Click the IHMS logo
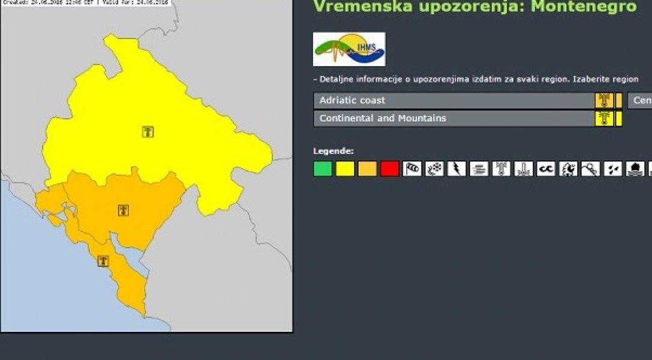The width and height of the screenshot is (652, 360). tap(349, 49)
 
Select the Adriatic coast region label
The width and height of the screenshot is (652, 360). tap(352, 100)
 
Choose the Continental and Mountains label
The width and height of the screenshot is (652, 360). tap(383, 118)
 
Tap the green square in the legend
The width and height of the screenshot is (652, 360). tap(323, 169)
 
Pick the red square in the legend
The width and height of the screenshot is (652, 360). tap(390, 169)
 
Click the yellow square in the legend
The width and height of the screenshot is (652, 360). tap(345, 169)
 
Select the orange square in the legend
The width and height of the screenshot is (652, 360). tap(368, 169)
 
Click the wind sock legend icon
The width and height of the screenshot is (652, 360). tap(413, 169)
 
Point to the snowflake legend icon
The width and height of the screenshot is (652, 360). tap(435, 169)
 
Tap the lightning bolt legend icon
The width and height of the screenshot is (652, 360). tap(457, 169)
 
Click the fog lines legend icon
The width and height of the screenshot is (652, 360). tap(479, 169)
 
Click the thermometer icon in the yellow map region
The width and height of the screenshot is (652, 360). tap(148, 131)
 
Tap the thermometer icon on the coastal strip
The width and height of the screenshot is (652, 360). tap(104, 261)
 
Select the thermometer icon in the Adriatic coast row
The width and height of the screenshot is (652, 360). tap(604, 100)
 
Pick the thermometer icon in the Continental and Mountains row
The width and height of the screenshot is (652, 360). tap(604, 118)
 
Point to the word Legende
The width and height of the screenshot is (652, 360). tap(333, 151)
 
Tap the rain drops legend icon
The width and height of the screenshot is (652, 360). tap(613, 169)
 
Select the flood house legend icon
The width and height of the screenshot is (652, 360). tap(635, 169)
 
